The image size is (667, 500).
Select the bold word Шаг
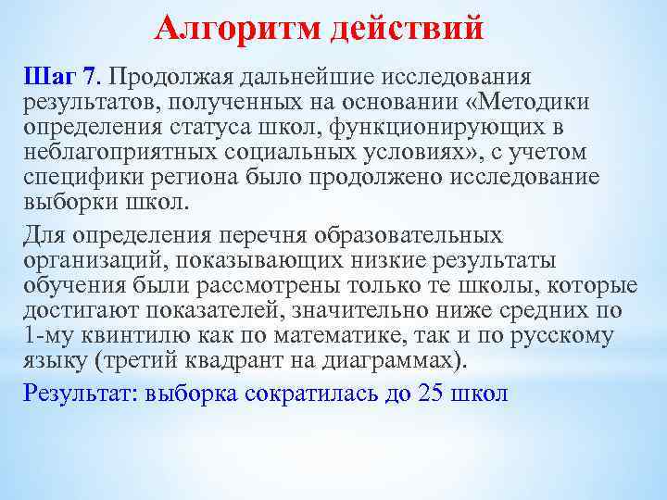pyautogui.click(x=44, y=74)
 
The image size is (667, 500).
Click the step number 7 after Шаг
pyautogui.click(x=89, y=74)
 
